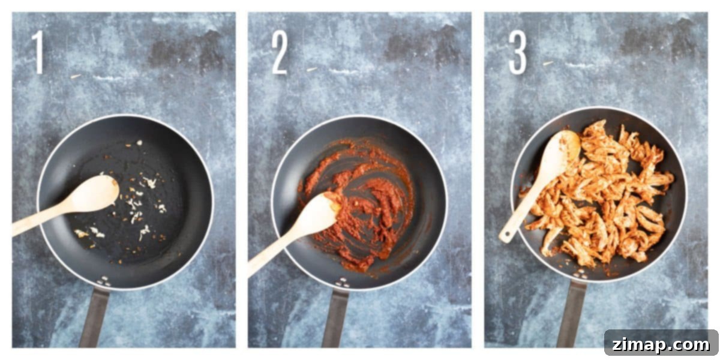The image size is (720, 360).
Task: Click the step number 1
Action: (38, 52)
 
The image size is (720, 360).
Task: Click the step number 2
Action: (280, 53)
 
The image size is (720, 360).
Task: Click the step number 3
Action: (518, 52)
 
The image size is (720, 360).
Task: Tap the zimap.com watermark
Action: (661, 345)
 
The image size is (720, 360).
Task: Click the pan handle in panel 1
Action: (94, 317)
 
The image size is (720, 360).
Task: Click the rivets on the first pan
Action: (105, 281)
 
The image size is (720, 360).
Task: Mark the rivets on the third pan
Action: (581, 274)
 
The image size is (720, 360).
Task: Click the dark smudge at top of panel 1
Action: (187, 52)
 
